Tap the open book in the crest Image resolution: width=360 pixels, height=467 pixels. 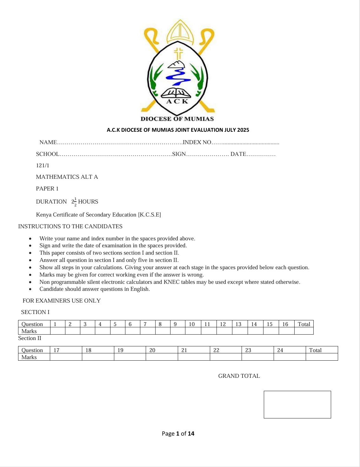(x=176, y=93)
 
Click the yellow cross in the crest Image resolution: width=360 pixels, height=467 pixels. (x=178, y=53)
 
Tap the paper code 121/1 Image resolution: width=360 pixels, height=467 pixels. (x=43, y=165)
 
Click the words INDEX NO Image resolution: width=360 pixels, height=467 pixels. (x=197, y=142)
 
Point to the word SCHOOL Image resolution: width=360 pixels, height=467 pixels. (x=47, y=154)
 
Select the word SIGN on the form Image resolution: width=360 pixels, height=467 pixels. (x=179, y=154)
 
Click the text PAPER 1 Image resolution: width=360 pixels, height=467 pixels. (x=47, y=189)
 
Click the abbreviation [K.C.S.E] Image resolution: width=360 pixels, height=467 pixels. (x=149, y=215)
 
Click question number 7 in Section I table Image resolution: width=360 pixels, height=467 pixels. (x=145, y=324)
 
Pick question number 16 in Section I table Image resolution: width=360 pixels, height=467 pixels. (x=285, y=324)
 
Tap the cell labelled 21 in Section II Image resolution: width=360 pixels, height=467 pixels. (x=184, y=350)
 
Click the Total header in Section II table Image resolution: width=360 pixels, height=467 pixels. (x=315, y=350)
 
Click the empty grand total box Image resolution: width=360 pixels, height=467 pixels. (x=297, y=404)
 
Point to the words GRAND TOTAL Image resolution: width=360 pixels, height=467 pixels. (x=239, y=376)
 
